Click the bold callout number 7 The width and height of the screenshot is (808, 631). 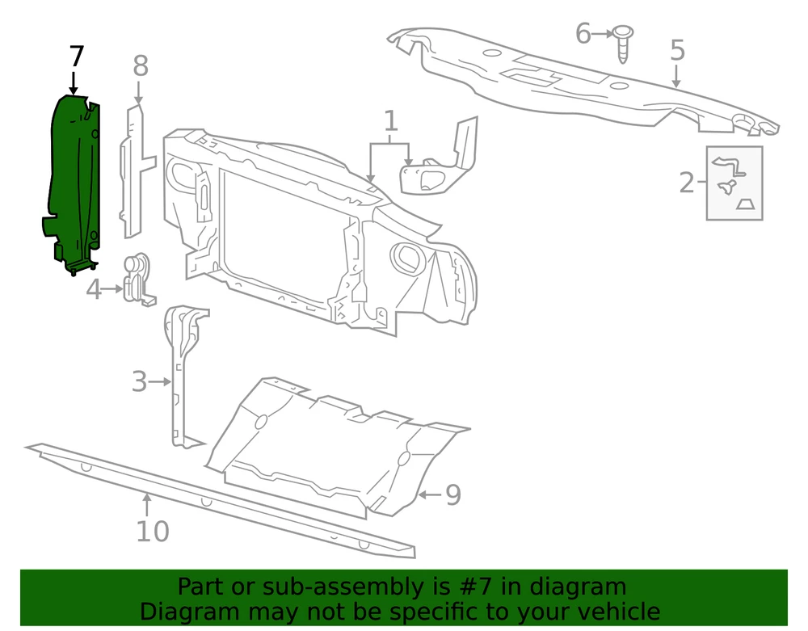(76, 57)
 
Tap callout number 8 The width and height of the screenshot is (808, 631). (140, 66)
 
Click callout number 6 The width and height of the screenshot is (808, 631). (583, 34)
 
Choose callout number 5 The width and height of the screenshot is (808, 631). (678, 50)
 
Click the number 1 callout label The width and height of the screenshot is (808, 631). (391, 121)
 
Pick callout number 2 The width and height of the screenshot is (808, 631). (687, 183)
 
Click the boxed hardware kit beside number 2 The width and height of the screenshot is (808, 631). (734, 183)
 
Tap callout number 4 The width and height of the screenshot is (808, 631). (93, 289)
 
